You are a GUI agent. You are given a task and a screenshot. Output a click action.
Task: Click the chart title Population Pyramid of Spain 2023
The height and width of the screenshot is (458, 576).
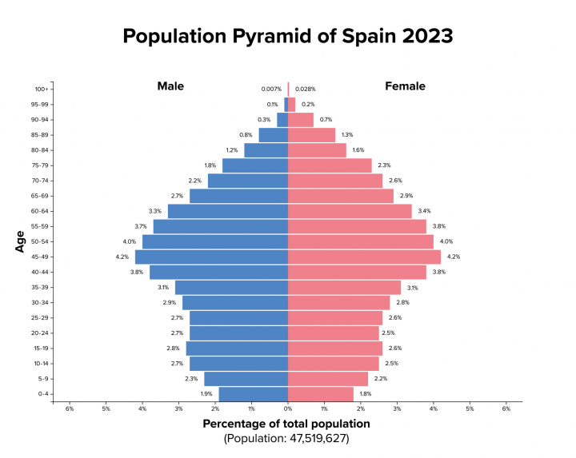tap(287, 36)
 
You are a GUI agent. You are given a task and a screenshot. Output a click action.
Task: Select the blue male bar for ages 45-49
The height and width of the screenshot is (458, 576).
tap(211, 257)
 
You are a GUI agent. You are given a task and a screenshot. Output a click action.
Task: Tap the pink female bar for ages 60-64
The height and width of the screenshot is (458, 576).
tap(350, 211)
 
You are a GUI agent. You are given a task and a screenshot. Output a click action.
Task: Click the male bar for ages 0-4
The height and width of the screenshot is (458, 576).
tap(253, 394)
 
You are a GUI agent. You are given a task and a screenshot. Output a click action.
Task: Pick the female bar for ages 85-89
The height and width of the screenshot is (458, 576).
tap(311, 135)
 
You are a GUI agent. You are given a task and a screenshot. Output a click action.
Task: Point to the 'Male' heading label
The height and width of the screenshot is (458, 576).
tap(170, 86)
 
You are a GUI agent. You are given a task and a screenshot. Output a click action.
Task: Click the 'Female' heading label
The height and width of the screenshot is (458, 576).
tap(405, 86)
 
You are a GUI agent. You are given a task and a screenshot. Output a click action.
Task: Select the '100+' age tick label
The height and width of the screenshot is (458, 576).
tap(42, 89)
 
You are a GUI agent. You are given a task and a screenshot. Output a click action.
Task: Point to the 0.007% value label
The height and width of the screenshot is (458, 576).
tap(271, 89)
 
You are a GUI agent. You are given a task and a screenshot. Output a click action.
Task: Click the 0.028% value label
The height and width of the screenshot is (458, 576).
tap(306, 89)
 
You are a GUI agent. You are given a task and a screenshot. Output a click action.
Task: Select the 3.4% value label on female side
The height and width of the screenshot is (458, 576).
tap(424, 211)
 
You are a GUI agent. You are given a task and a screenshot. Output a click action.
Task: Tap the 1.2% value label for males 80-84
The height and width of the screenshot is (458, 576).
tap(232, 150)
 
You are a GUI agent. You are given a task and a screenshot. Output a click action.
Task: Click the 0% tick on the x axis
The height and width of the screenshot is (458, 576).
tap(288, 409)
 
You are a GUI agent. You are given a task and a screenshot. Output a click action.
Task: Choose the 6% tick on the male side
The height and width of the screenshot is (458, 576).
tap(70, 409)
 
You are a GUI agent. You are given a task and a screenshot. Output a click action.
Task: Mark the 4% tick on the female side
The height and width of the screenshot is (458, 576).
tap(434, 409)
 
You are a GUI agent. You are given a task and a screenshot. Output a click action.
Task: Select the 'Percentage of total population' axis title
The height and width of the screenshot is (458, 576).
tap(286, 424)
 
